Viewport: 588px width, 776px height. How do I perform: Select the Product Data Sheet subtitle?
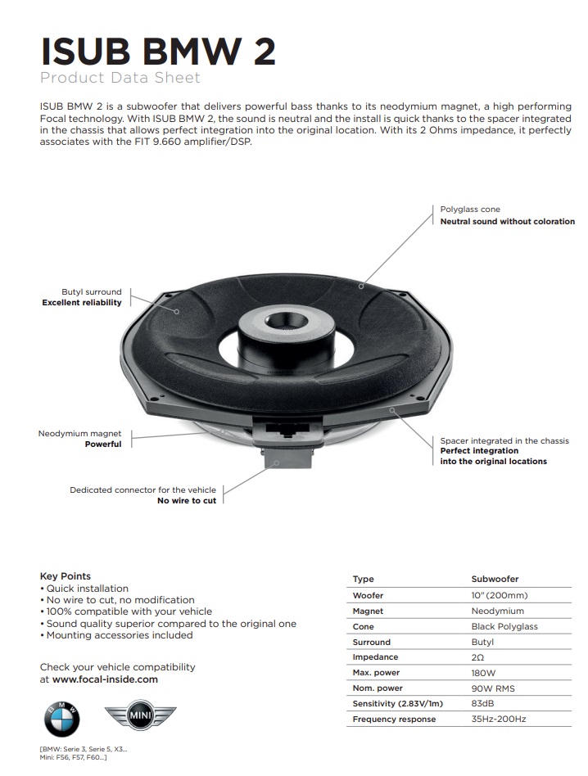pyautogui.click(x=120, y=79)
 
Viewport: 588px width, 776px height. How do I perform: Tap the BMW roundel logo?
pyautogui.click(x=62, y=720)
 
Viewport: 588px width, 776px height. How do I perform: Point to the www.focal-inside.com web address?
pyautogui.click(x=105, y=679)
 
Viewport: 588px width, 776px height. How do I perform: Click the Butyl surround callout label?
pyautogui.click(x=91, y=291)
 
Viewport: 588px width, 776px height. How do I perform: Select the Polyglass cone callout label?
pyautogui.click(x=470, y=210)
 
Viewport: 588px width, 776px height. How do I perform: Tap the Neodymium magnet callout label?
pyautogui.click(x=79, y=433)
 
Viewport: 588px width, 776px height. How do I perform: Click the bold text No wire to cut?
pyautogui.click(x=187, y=500)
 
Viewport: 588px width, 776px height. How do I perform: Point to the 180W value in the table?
pyautogui.click(x=484, y=673)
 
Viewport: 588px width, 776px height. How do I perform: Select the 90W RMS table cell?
pyautogui.click(x=493, y=688)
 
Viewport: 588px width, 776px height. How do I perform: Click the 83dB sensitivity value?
pyautogui.click(x=483, y=704)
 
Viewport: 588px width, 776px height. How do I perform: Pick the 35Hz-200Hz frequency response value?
pyautogui.click(x=498, y=720)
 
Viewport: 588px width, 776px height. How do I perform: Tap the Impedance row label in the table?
pyautogui.click(x=375, y=657)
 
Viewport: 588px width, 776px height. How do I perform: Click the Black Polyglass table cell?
pyautogui.click(x=504, y=626)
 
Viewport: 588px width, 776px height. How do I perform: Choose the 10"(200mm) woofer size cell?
pyautogui.click(x=499, y=595)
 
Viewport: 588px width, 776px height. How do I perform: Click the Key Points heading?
pyautogui.click(x=66, y=576)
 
